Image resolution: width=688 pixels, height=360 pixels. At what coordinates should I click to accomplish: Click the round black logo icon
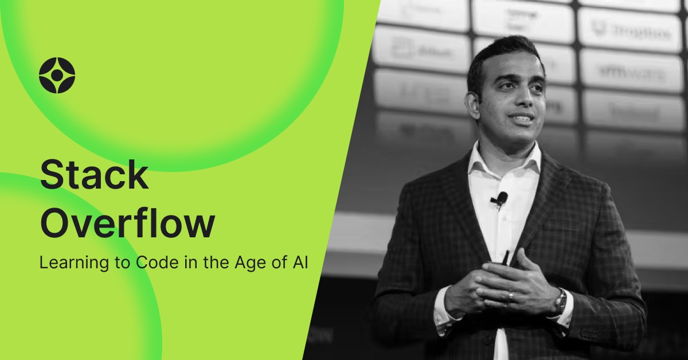point(57,76)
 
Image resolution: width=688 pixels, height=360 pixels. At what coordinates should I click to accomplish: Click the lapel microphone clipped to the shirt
point(501,198)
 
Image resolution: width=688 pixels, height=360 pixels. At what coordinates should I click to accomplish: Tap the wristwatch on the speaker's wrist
point(560,300)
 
